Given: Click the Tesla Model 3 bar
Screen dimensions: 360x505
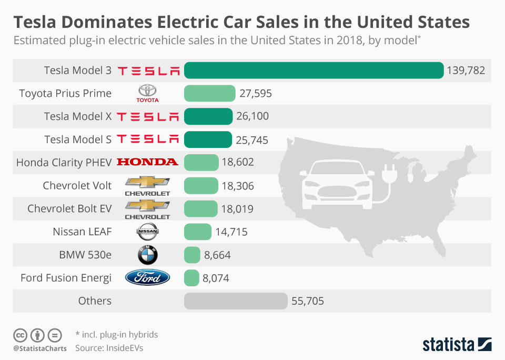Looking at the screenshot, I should (314, 70).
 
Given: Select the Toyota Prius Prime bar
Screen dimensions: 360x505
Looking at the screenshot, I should (209, 93).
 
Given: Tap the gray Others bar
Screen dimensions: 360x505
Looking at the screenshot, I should (236, 301).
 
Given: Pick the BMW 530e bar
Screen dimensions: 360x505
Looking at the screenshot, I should (192, 255).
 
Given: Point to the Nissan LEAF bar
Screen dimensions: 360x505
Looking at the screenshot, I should (197, 232).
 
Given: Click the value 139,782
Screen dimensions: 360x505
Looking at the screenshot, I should (466, 70).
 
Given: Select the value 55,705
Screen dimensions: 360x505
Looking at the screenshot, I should (307, 301).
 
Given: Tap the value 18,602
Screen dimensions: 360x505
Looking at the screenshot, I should (238, 162).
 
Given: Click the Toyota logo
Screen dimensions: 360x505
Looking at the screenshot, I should (147, 93).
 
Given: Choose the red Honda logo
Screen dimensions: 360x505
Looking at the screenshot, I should (147, 162).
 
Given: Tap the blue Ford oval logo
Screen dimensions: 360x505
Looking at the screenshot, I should (147, 277).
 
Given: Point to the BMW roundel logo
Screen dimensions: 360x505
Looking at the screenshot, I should (147, 255).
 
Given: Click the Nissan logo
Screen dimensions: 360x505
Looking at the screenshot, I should (147, 232).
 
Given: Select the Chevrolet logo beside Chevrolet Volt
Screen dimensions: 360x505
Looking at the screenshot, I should (147, 185).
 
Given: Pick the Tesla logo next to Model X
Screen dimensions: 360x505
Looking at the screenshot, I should (147, 116).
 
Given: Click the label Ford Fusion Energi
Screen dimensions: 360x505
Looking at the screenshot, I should (66, 277).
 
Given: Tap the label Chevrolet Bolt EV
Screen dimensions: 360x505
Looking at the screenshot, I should (69, 208).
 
